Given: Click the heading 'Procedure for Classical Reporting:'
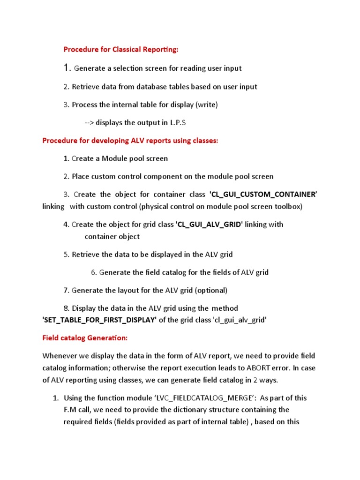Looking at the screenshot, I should pos(121,49).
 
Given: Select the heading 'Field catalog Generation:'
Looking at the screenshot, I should pos(84,337).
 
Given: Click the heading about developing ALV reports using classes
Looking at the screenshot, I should pos(130,140).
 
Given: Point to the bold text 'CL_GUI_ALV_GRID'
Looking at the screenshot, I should pos(209,225).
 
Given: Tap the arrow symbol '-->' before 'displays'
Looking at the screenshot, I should pos(90,123).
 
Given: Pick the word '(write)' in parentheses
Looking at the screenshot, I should pos(207,105).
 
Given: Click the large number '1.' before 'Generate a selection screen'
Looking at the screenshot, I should pos(67,68).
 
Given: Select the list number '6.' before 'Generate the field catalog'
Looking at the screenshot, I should pos(94,272).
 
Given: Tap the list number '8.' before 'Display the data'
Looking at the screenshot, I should pos(66,308).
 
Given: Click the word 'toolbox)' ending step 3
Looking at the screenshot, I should pos(288,207).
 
